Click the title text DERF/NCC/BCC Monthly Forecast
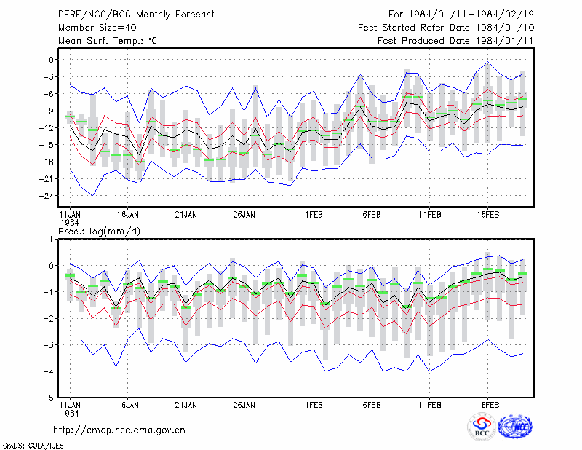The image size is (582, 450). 136,15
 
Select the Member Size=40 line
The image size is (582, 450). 97,28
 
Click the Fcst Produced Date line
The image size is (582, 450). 455,41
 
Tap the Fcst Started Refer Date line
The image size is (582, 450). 446,28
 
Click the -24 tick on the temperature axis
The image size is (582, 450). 47,196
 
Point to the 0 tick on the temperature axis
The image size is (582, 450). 51,60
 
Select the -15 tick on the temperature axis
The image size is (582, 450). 47,145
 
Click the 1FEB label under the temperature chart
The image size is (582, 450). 314,215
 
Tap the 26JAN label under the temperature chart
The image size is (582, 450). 244,215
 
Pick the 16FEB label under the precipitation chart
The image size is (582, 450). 487,405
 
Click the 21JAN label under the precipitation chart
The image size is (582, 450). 186,405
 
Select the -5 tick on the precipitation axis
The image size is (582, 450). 49,398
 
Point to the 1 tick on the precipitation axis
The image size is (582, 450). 51,240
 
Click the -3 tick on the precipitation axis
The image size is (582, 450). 49,345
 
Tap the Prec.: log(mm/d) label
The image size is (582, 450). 99,232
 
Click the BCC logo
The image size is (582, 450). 482,427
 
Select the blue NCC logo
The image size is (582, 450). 515,427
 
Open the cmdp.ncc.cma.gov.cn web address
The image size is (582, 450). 119,430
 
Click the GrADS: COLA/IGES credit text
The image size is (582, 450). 33,446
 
